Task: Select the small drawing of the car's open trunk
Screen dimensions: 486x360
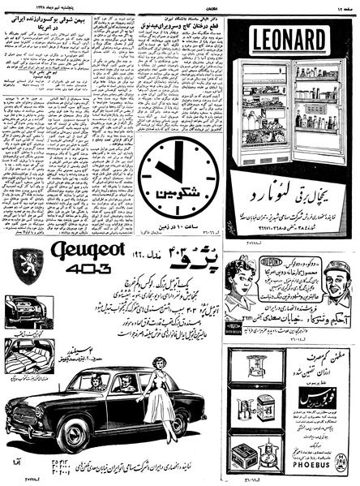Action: point(24,313)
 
